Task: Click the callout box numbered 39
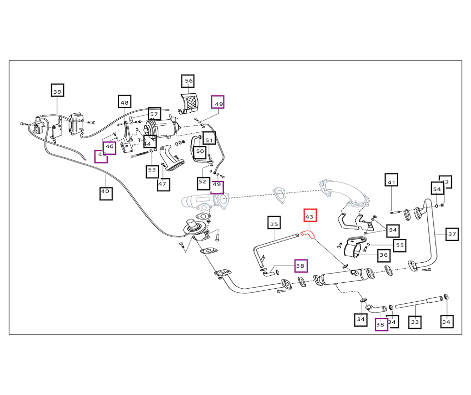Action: click(58, 91)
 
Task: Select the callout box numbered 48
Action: click(125, 102)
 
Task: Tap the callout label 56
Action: click(188, 81)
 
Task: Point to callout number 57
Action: click(154, 114)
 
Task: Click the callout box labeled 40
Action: click(105, 191)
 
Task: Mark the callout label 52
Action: click(202, 182)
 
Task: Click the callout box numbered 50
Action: click(200, 151)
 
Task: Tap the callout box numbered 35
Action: click(274, 223)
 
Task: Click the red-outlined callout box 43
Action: click(310, 217)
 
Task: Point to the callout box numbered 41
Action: click(391, 181)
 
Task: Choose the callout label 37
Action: click(452, 234)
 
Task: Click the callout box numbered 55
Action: click(399, 245)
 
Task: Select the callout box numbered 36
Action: click(384, 255)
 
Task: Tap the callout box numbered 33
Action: click(414, 322)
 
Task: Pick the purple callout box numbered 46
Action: click(109, 148)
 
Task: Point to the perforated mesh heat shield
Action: click(189, 103)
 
